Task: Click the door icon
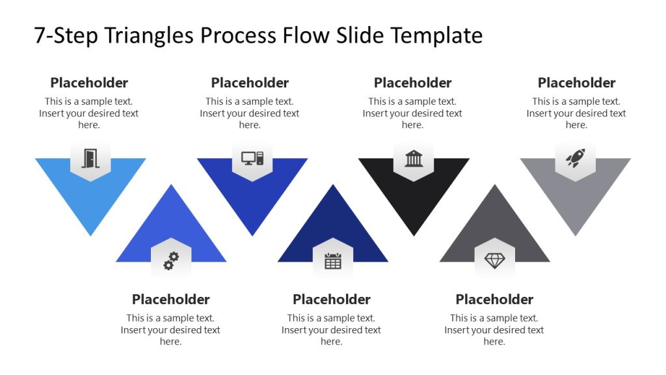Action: pos(90,158)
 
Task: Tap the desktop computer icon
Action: pos(252,158)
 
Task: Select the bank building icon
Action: pos(414,158)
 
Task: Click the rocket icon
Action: pos(575,158)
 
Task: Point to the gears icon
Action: pos(171,261)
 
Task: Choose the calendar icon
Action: pos(332,261)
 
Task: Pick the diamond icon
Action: pos(494,261)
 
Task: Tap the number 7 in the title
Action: pos(40,35)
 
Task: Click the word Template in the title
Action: pos(436,35)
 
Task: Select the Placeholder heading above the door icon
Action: pos(89,83)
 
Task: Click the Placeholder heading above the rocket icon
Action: pos(576,83)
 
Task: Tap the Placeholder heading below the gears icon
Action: pos(170,299)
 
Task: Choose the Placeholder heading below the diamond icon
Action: pos(494,299)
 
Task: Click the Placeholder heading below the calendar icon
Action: pos(331,299)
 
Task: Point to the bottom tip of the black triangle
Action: pos(414,235)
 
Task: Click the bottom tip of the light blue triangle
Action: pos(90,235)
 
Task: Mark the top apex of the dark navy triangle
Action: pos(333,186)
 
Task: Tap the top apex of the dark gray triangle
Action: pos(495,186)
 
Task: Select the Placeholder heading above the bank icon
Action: pos(412,83)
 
